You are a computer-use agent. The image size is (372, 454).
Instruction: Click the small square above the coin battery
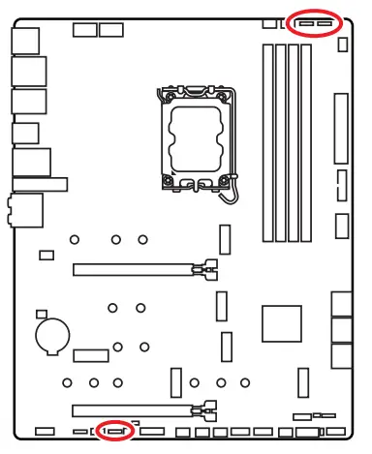42,314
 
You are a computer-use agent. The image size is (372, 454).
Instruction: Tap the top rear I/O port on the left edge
22,38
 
